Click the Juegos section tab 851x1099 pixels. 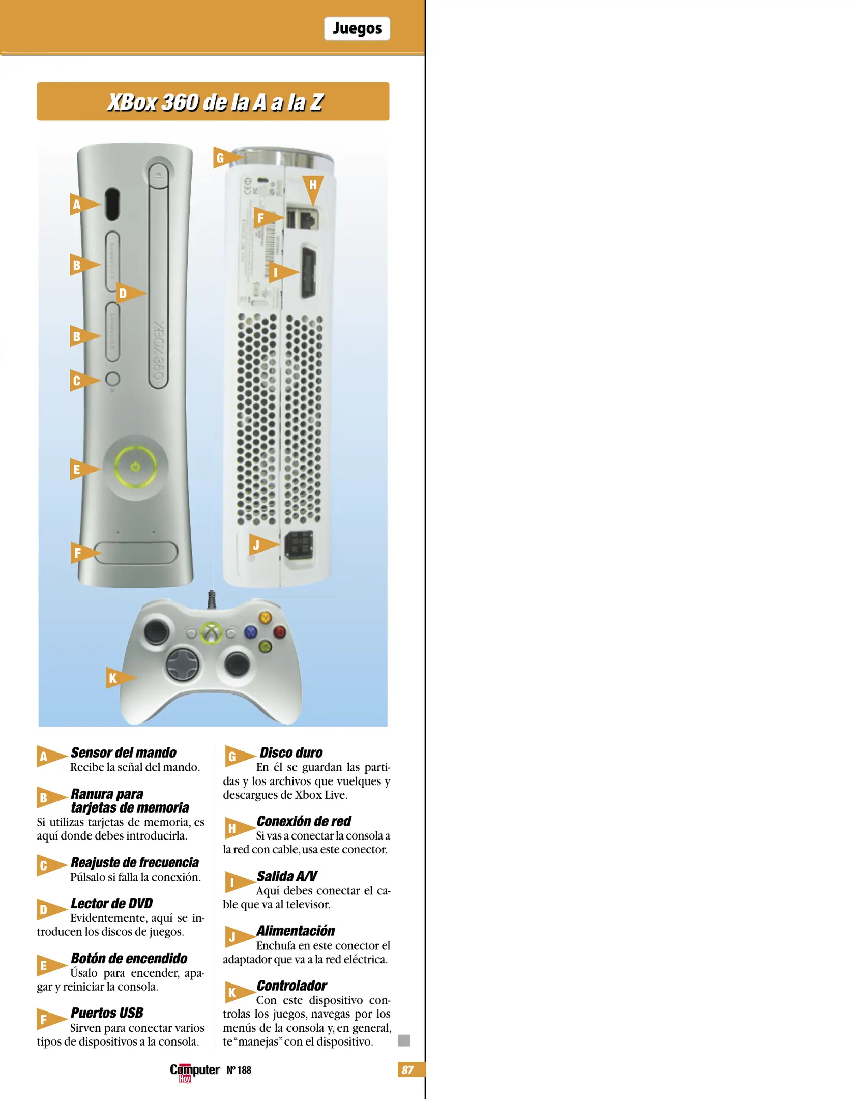357,28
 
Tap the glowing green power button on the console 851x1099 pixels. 135,466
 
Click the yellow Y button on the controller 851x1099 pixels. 265,618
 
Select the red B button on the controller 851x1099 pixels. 279,632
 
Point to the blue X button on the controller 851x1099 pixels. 251,632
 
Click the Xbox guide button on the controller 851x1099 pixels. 211,632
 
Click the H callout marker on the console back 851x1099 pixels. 313,187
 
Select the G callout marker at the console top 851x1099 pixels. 224,158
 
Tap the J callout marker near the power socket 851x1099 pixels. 260,545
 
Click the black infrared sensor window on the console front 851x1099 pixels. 112,204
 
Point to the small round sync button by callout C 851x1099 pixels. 112,379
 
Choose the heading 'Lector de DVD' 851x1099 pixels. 112,903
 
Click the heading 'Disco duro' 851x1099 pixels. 291,753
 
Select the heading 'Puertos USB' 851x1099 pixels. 107,1013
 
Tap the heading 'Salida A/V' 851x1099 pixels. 287,876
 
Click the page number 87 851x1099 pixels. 408,1069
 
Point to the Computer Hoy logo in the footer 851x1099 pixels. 194,1071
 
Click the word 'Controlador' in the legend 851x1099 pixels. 292,986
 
